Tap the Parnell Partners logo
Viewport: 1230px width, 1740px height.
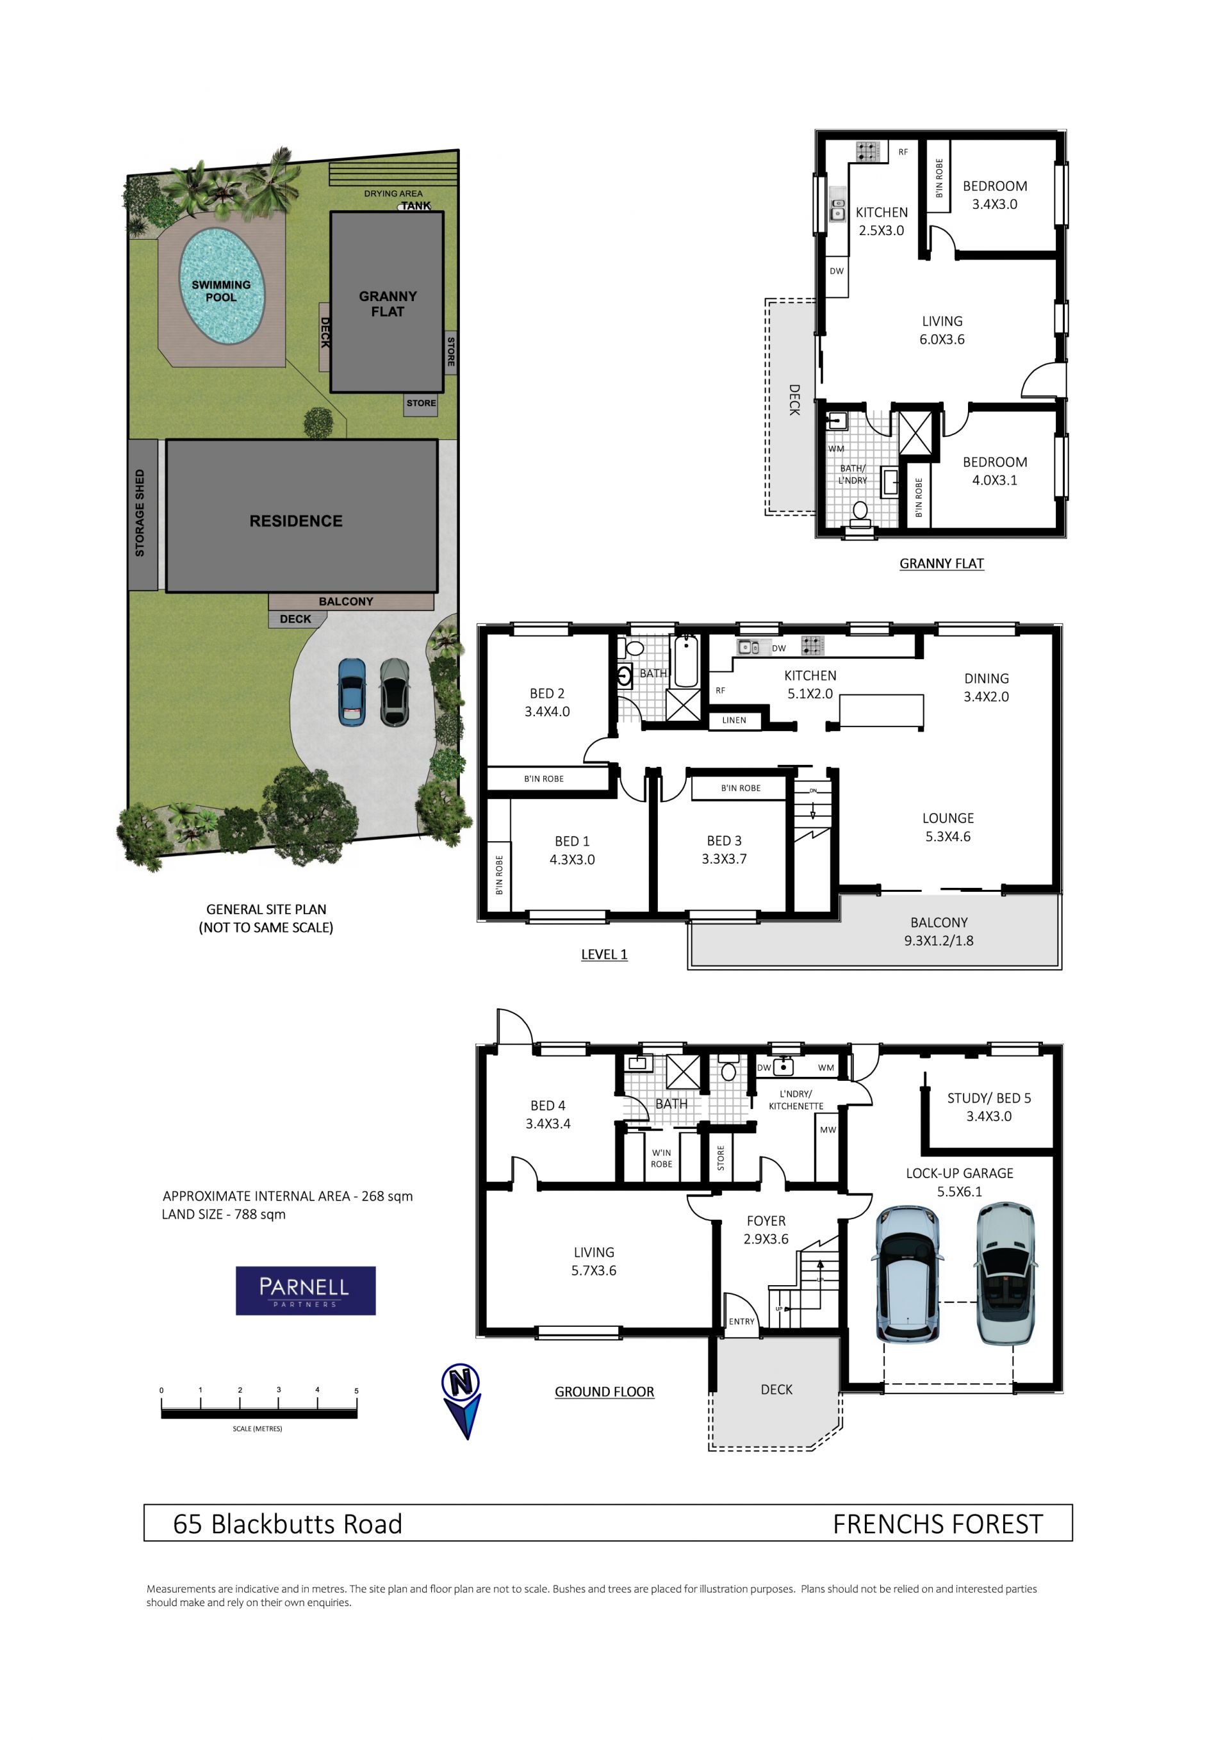coord(306,1290)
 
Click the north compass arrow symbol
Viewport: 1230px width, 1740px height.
coord(461,1400)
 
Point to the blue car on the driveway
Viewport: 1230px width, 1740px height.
coord(352,692)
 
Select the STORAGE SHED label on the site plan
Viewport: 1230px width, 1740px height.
coord(140,513)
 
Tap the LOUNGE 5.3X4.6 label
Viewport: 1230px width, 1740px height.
coord(948,827)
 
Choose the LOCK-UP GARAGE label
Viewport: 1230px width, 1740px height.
coord(960,1172)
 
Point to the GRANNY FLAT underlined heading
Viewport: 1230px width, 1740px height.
coord(941,564)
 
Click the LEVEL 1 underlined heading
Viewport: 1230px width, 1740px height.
coord(604,954)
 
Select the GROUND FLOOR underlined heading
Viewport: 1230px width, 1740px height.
coord(604,1391)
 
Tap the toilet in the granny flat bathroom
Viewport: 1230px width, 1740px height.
coord(860,513)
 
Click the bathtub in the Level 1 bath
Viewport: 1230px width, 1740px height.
coord(686,661)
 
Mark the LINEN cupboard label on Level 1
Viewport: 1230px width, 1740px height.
coord(734,720)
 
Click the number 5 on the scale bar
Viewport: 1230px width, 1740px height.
coord(356,1391)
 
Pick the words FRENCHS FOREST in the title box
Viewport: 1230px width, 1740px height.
coord(937,1524)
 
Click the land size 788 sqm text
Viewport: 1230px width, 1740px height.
coord(224,1214)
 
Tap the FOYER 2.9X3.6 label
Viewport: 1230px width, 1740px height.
coord(766,1230)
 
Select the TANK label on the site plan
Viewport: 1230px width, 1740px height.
coord(415,206)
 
